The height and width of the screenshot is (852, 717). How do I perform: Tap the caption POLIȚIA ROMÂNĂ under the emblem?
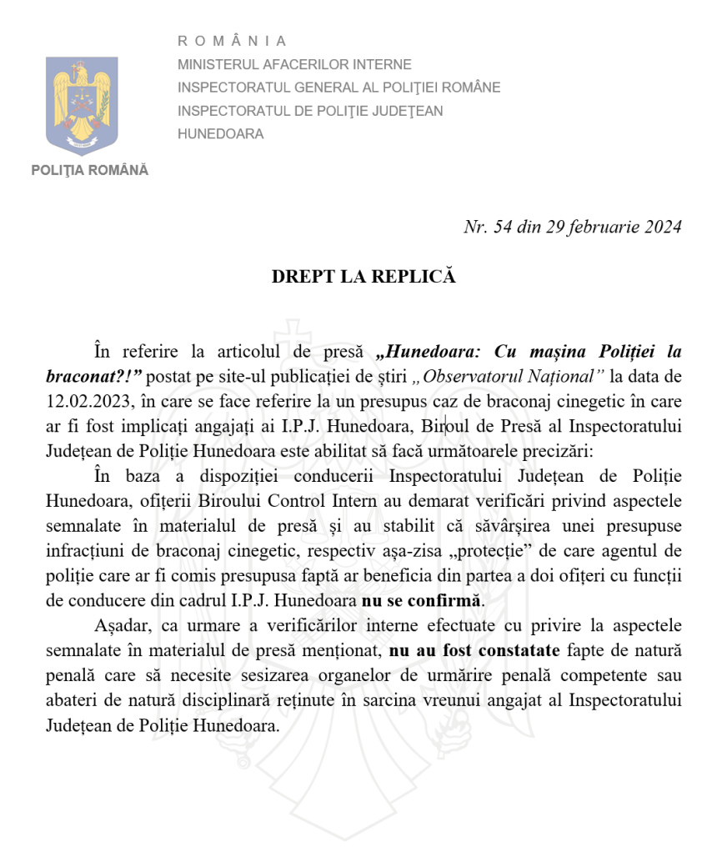point(89,170)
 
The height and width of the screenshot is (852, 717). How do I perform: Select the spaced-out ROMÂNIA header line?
point(232,41)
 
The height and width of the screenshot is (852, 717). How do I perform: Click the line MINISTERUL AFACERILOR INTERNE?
point(294,64)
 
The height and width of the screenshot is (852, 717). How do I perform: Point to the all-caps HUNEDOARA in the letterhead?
point(220,133)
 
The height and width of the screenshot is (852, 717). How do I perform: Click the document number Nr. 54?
point(488,227)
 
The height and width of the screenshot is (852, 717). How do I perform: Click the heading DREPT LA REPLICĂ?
point(364,277)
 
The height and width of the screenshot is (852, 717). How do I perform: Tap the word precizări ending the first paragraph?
point(562,453)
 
